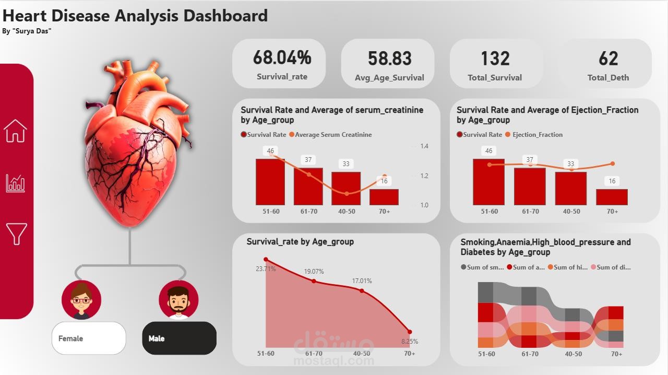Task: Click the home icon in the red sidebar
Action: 15,131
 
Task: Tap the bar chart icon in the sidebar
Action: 15,183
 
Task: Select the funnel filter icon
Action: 16,233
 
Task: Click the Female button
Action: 89,338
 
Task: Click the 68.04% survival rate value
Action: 282,57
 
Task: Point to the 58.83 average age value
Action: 389,58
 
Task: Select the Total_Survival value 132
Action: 495,58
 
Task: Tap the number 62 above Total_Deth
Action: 608,58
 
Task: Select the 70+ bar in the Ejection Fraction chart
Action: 612,197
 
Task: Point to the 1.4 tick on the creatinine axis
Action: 424,146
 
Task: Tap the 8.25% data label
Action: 410,342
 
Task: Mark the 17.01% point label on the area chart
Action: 362,281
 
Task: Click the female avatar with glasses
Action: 81,300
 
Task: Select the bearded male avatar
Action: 178,300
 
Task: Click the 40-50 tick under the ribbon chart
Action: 573,354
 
